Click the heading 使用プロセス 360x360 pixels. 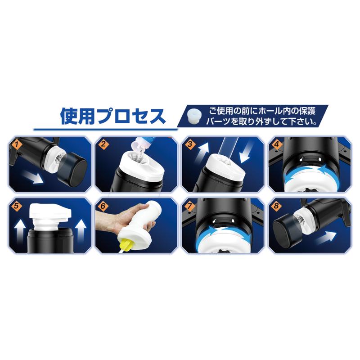113,116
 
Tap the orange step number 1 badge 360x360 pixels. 17,144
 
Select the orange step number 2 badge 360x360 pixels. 103,144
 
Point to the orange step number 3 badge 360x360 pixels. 190,144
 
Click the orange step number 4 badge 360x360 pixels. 276,144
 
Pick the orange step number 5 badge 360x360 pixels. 17,206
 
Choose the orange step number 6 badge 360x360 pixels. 103,206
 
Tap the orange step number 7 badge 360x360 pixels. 190,206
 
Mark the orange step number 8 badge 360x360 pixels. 276,206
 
